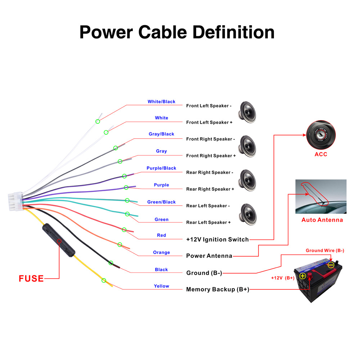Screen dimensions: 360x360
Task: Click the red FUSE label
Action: click(x=31, y=278)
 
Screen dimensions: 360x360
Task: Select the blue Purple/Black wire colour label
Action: click(x=161, y=168)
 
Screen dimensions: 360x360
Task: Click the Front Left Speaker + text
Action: click(x=209, y=122)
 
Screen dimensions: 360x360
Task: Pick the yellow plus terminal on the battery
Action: click(x=303, y=276)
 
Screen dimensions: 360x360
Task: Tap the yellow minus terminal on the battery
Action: click(x=331, y=265)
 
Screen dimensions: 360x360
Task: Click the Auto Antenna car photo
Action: click(x=321, y=197)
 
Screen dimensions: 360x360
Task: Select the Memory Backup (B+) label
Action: click(x=217, y=289)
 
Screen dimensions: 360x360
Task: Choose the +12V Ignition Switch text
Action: click(x=217, y=239)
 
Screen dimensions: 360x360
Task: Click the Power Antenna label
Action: click(x=209, y=256)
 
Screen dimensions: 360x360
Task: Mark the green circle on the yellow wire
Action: click(x=104, y=280)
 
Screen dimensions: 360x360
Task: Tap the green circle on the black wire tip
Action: click(x=111, y=263)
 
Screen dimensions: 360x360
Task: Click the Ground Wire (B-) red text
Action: click(x=325, y=251)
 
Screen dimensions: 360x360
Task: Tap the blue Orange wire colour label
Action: click(x=161, y=252)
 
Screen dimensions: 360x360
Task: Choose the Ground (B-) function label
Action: click(x=204, y=273)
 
